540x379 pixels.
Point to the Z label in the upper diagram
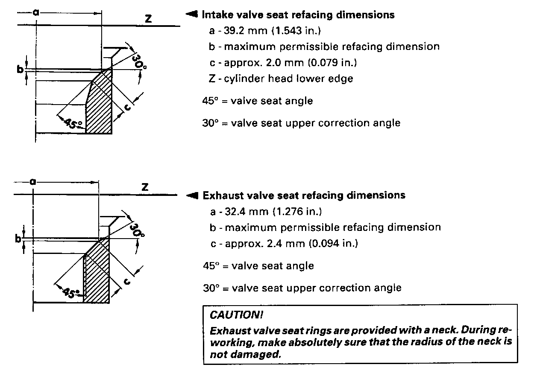click(148, 19)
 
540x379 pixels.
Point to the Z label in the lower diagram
click(145, 187)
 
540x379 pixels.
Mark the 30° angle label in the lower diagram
click(138, 230)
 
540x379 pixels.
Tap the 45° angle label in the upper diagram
click(73, 123)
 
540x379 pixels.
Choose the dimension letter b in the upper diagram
click(20, 69)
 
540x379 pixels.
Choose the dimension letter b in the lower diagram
click(18, 239)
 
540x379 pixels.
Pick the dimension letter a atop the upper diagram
click(36, 13)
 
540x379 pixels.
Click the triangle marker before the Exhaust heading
click(193, 195)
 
